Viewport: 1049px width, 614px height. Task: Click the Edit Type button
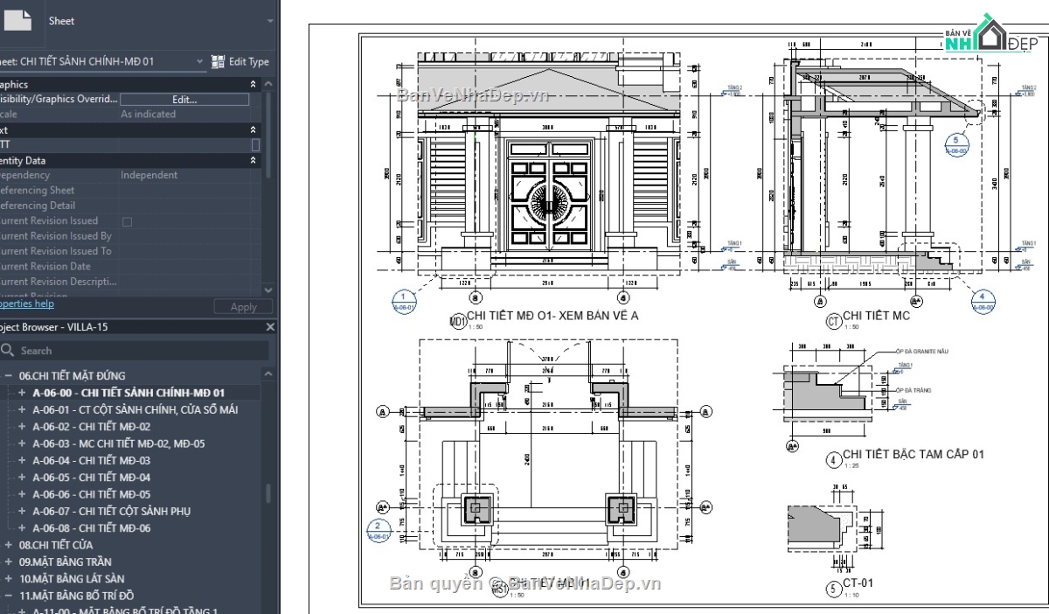(240, 62)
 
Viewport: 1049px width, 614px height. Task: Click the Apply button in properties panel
(243, 307)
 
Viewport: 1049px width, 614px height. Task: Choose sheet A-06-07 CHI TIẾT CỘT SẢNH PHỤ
(111, 511)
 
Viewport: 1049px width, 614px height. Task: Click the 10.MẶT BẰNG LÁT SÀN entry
(72, 578)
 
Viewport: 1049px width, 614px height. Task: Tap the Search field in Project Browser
(140, 350)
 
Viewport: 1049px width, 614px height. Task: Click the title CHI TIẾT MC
(876, 316)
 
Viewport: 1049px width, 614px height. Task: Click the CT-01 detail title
(858, 583)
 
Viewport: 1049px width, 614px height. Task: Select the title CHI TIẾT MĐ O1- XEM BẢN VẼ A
(552, 316)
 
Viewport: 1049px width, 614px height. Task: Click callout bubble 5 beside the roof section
(957, 143)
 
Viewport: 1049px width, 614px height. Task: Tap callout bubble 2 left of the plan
(379, 530)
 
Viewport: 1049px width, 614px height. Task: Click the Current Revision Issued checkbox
(127, 221)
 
